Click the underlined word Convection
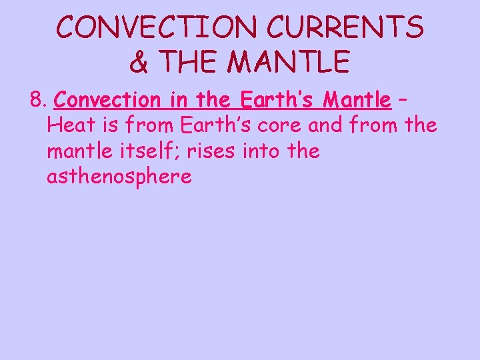pyautogui.click(x=105, y=101)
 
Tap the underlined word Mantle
pyautogui.click(x=357, y=101)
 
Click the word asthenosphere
pyautogui.click(x=119, y=177)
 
